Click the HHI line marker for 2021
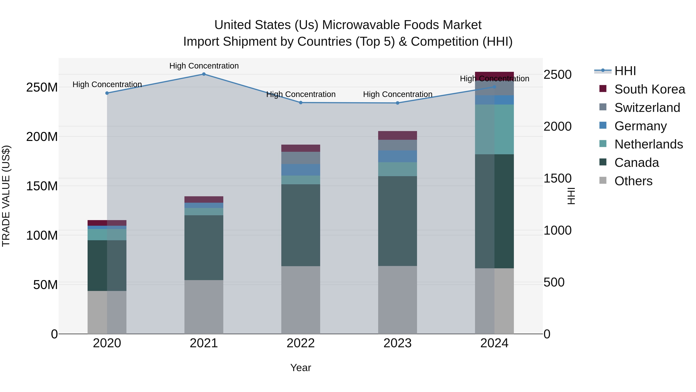point(204,74)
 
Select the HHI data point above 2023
point(397,103)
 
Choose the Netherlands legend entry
point(648,144)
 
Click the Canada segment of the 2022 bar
point(300,225)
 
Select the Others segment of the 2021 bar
point(204,307)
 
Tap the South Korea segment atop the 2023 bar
point(397,135)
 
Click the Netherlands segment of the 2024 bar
point(494,129)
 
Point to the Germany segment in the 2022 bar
point(300,170)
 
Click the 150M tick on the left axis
point(42,186)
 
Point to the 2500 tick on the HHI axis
point(557,75)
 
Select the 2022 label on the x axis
point(300,343)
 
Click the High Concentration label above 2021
point(204,66)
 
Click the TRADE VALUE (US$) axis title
point(6,196)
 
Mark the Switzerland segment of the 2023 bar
point(397,145)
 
